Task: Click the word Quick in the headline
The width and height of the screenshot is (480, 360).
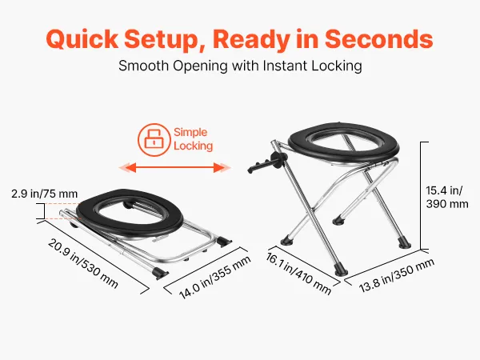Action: coord(82,39)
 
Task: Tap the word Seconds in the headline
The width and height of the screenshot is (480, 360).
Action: coord(379,38)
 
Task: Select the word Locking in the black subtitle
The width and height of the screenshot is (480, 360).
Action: coord(337,66)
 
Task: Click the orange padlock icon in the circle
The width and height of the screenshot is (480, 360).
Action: coord(154,140)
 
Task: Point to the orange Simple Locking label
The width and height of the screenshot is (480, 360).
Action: coord(193,139)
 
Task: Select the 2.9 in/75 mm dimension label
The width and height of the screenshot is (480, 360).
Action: coord(45,194)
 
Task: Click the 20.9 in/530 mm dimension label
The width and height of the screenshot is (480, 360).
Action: coord(82,263)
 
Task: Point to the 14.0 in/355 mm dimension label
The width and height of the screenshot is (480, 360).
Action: coord(215,278)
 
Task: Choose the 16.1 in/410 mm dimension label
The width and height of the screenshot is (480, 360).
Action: coord(298,274)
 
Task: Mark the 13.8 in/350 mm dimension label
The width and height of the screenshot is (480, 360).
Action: coord(397,275)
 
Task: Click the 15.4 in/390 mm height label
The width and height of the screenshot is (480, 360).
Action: coord(447,197)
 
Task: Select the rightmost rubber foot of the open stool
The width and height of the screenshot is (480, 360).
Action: coord(404,244)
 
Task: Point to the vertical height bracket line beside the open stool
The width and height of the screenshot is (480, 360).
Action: coord(421,196)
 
